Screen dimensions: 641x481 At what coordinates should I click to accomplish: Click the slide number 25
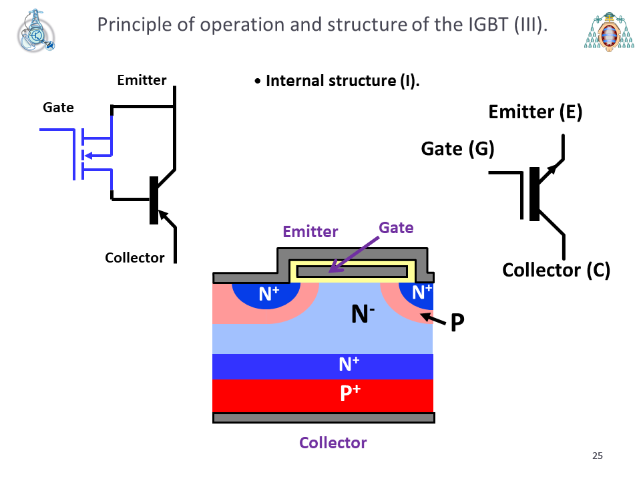click(x=597, y=456)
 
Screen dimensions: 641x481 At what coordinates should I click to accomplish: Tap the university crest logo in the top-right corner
click(x=609, y=32)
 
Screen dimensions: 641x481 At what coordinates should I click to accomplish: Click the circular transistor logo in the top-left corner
click(x=36, y=31)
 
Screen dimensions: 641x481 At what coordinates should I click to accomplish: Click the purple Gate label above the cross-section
click(x=396, y=228)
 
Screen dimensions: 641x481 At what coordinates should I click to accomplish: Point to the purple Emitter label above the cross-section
click(x=310, y=232)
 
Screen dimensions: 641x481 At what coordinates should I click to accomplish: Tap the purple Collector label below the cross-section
click(x=333, y=442)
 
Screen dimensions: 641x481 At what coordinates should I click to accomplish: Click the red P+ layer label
click(x=351, y=392)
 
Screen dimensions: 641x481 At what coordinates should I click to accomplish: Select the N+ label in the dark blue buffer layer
click(x=349, y=363)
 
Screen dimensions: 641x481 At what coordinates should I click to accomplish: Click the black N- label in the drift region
click(x=363, y=314)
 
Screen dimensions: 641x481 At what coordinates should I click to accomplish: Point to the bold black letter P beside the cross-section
click(x=457, y=322)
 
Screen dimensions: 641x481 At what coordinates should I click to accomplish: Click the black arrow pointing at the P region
click(x=433, y=319)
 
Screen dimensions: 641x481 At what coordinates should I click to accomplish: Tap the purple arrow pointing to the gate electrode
click(x=354, y=255)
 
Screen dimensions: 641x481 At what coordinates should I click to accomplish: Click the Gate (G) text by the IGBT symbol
click(x=457, y=149)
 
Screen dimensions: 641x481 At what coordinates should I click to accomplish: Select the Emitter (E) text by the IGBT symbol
click(x=535, y=112)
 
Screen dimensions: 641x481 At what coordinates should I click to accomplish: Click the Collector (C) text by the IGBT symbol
click(x=556, y=270)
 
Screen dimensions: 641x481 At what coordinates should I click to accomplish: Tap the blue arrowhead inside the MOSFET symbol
click(x=87, y=156)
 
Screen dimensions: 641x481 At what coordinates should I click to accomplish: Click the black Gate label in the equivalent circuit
click(x=59, y=108)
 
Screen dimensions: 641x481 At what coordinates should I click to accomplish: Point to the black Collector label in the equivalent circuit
click(x=134, y=258)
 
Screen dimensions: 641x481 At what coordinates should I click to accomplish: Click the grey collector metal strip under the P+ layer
click(x=323, y=418)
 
